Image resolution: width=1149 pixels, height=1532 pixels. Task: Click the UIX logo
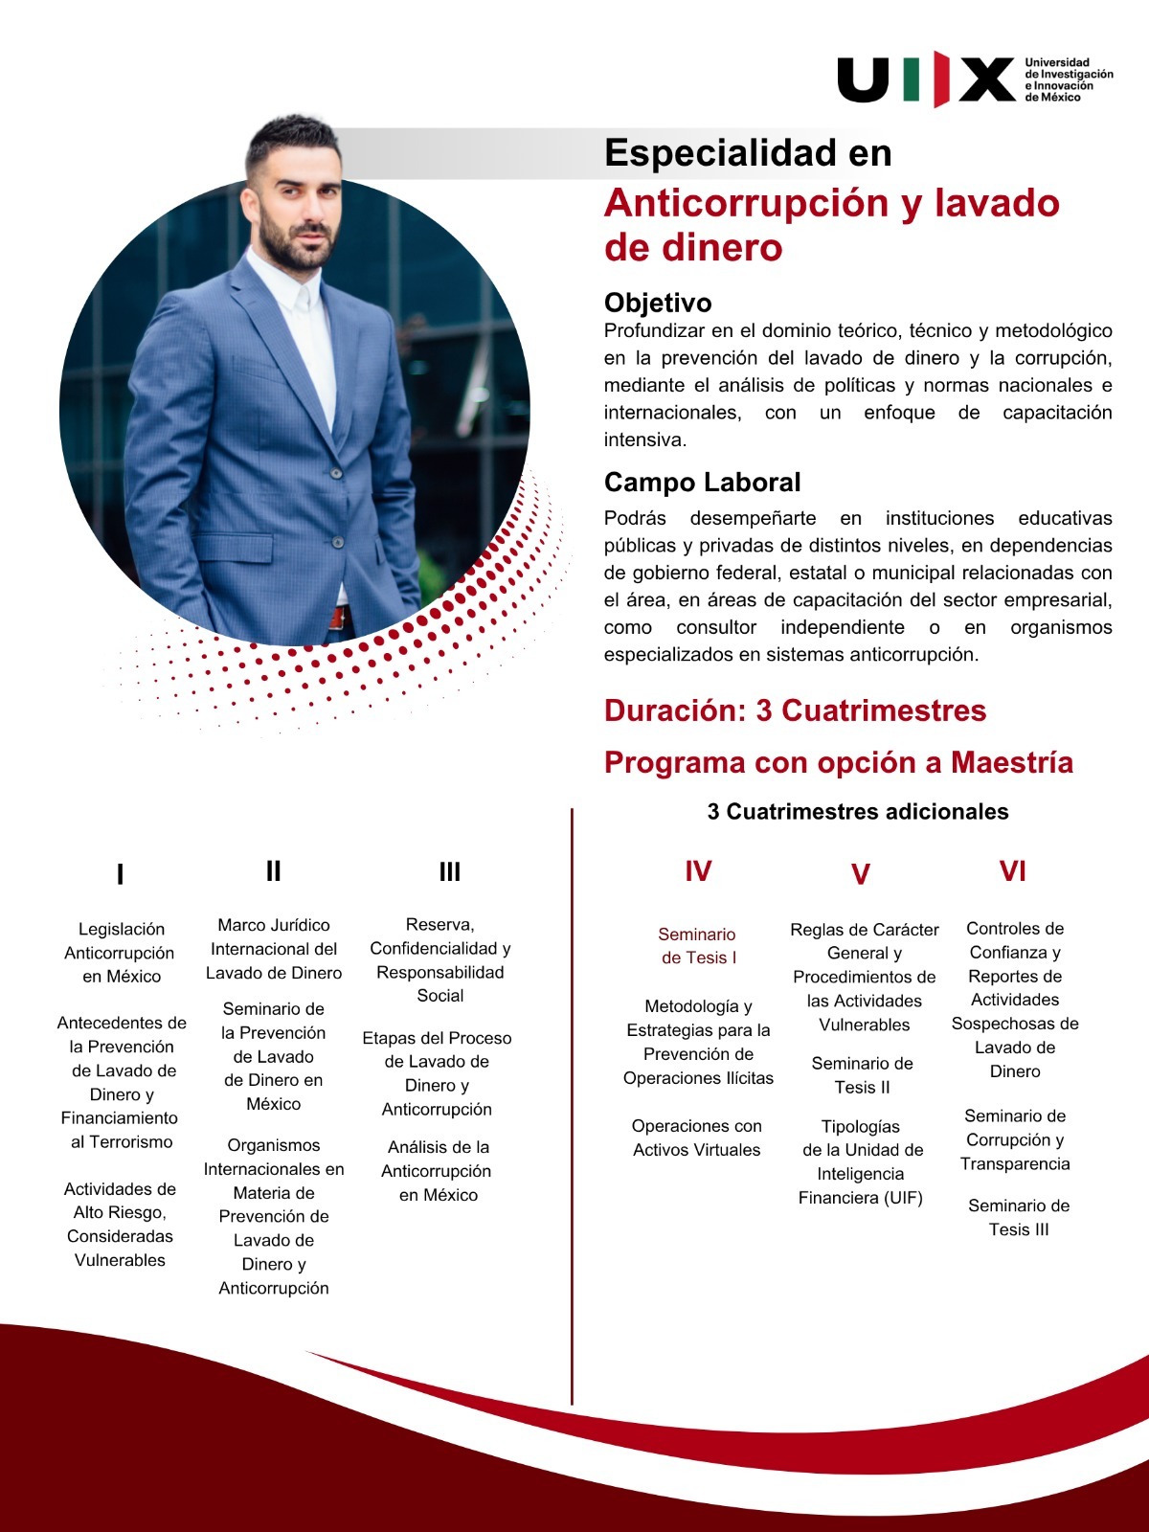pyautogui.click(x=925, y=79)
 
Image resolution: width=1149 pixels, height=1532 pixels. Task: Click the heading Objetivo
pyautogui.click(x=658, y=303)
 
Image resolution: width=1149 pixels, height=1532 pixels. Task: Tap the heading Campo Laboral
pyautogui.click(x=702, y=483)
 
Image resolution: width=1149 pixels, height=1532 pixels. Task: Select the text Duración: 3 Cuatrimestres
pyautogui.click(x=795, y=710)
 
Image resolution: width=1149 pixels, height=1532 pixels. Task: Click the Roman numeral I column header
pyautogui.click(x=120, y=874)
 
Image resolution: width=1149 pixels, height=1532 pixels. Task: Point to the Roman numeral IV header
pyautogui.click(x=698, y=871)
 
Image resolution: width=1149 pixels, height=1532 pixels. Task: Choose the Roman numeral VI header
pyautogui.click(x=1012, y=871)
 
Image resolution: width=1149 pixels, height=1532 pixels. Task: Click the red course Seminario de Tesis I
pyautogui.click(x=697, y=946)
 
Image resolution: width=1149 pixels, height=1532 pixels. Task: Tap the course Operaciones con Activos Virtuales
pyautogui.click(x=697, y=1138)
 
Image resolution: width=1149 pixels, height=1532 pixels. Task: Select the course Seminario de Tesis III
pyautogui.click(x=1019, y=1217)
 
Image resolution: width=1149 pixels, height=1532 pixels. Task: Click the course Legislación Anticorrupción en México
pyautogui.click(x=121, y=953)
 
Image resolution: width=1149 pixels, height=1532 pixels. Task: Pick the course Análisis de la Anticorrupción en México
pyautogui.click(x=437, y=1170)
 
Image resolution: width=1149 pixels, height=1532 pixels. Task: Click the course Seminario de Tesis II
pyautogui.click(x=862, y=1075)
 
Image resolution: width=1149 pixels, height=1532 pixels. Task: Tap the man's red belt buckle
pyautogui.click(x=336, y=619)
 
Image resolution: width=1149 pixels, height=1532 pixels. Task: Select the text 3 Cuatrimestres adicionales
pyautogui.click(x=858, y=812)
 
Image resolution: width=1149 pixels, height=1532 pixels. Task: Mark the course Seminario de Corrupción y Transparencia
pyautogui.click(x=1015, y=1139)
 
